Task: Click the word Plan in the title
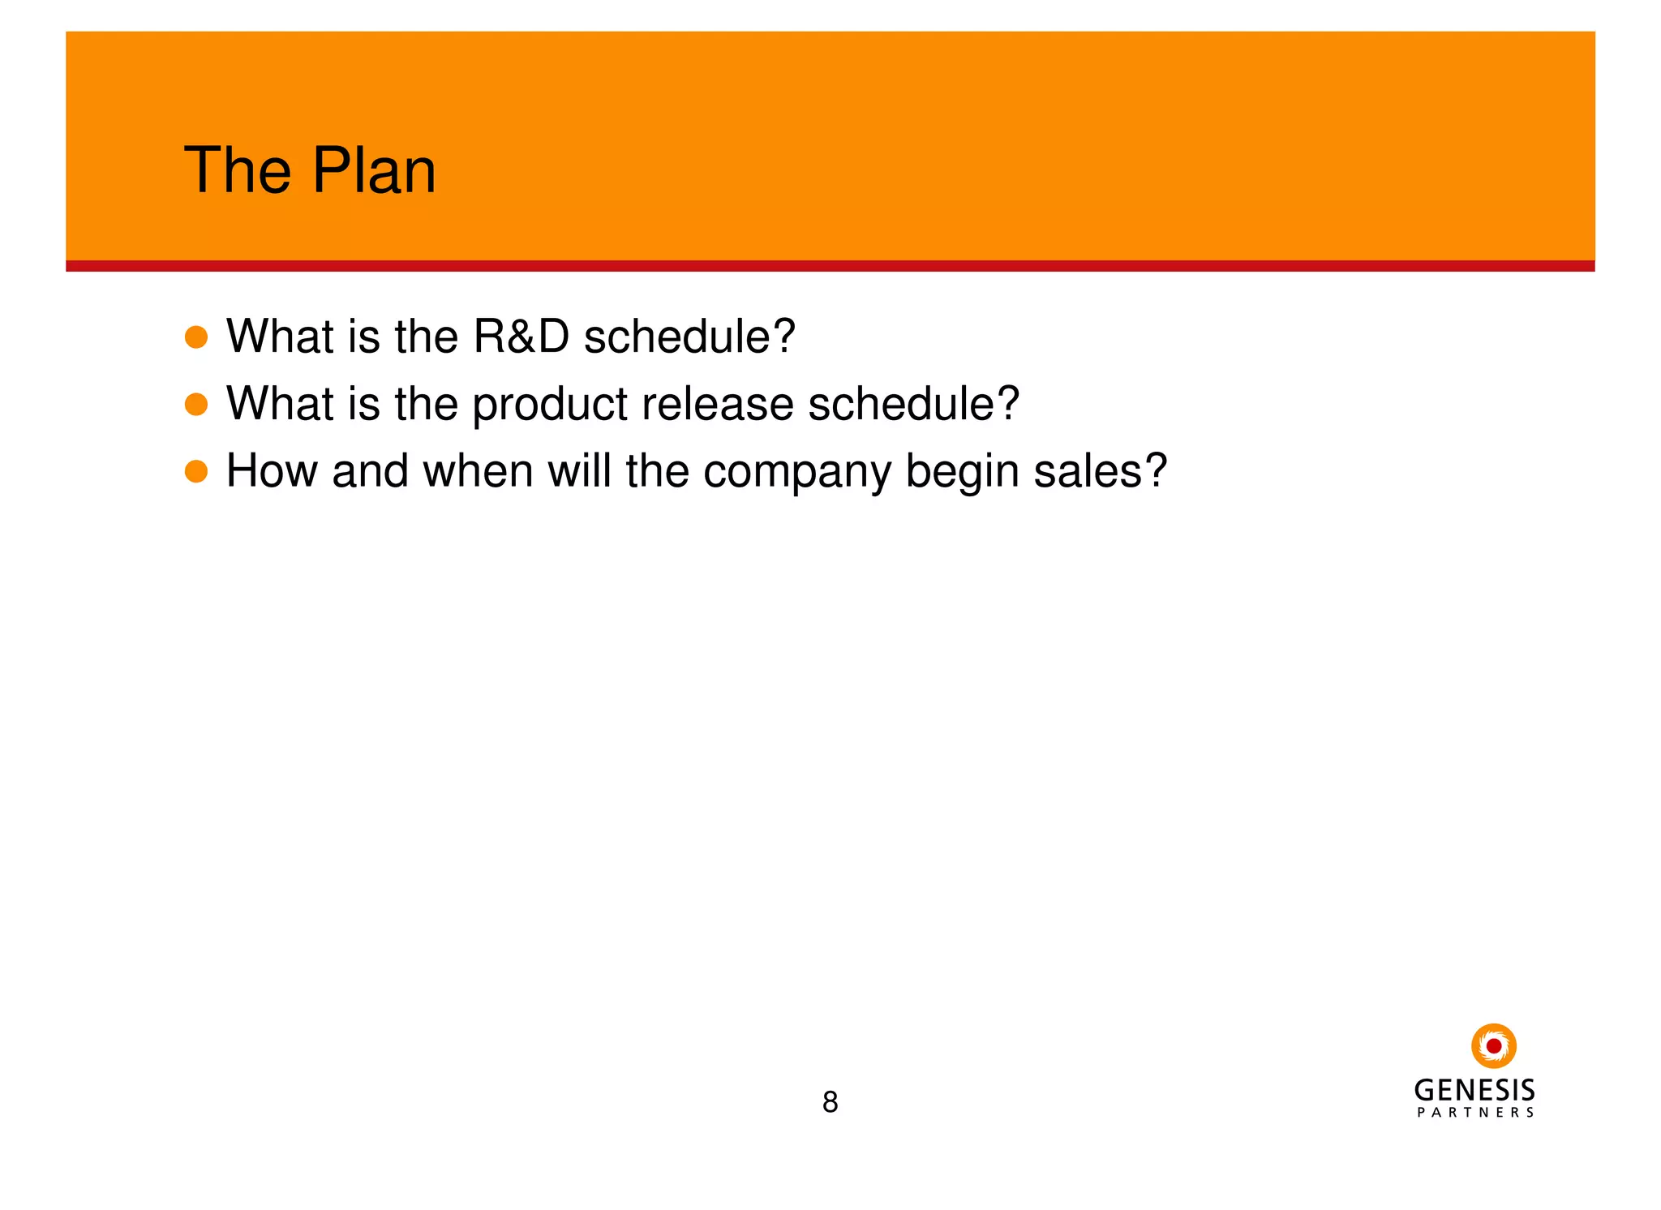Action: tap(374, 171)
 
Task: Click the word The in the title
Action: tap(238, 171)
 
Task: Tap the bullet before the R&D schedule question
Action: tap(196, 337)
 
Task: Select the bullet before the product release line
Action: tap(196, 404)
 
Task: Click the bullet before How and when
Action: tap(196, 471)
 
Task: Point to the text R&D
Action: tap(521, 337)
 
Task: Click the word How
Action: tap(271, 471)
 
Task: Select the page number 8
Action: tap(830, 1102)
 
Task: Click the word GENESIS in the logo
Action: tap(1474, 1090)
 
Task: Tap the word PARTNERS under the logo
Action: tap(1474, 1113)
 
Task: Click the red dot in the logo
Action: tap(1493, 1046)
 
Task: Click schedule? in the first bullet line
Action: tap(689, 337)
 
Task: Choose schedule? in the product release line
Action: tap(913, 404)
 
